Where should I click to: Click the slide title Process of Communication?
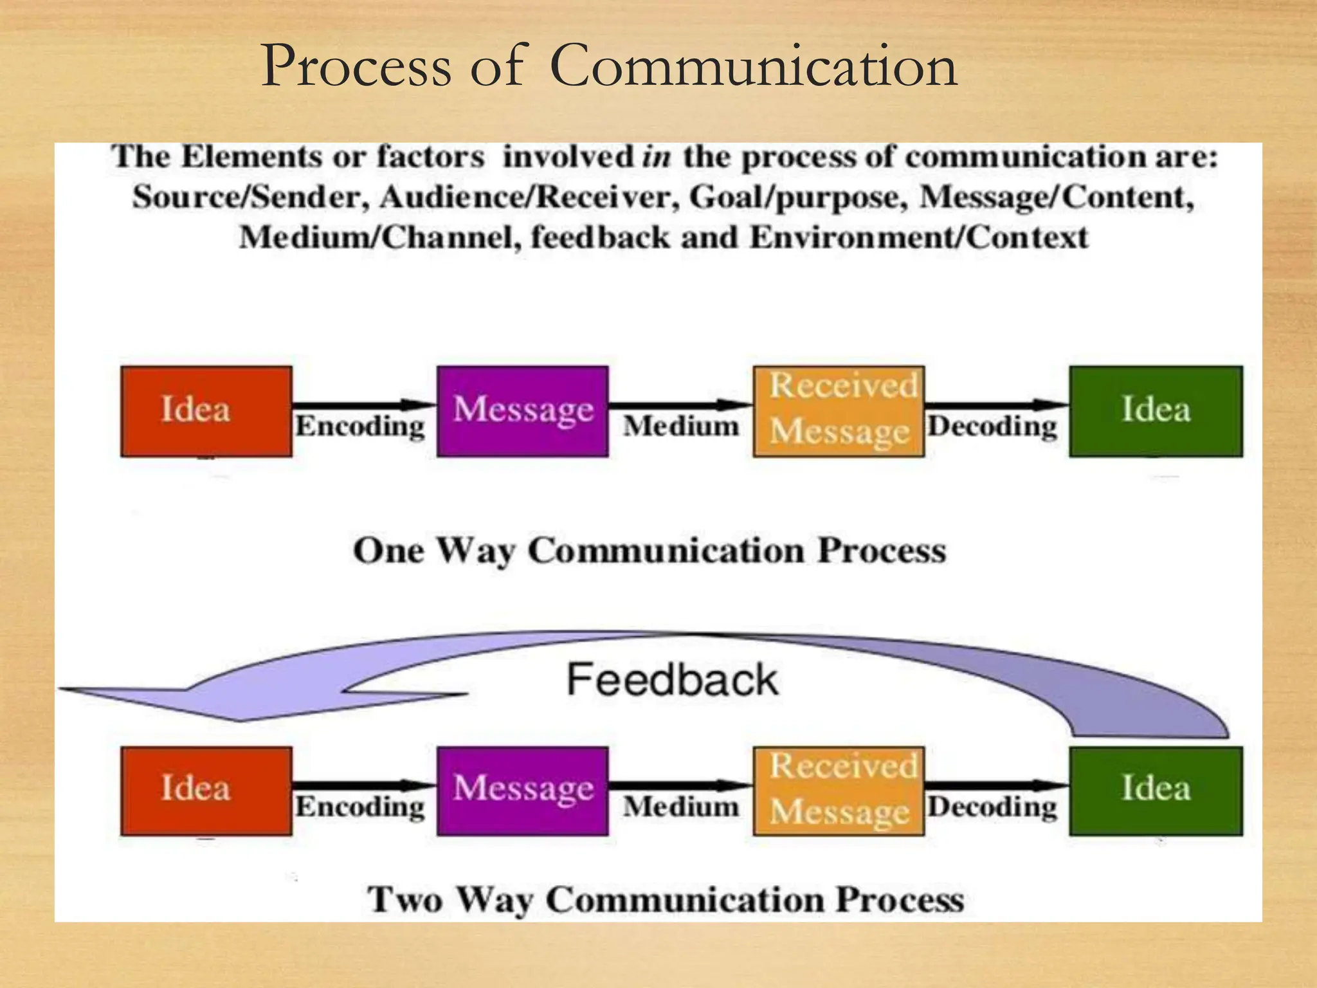[609, 66]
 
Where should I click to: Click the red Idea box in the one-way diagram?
[206, 411]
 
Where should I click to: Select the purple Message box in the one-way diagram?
[522, 411]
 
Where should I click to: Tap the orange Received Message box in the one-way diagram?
[839, 411]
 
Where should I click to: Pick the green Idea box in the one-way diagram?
[1156, 411]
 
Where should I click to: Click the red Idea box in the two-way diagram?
[206, 791]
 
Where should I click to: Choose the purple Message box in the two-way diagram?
[522, 791]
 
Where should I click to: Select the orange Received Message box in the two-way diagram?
[839, 791]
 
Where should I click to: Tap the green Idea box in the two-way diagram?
[1156, 791]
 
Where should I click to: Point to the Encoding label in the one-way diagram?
[360, 426]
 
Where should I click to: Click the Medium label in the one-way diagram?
[681, 426]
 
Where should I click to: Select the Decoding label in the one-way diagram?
[992, 426]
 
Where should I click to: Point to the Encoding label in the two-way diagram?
[360, 807]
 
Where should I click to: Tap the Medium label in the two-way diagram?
[681, 807]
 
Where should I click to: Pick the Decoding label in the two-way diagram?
[992, 807]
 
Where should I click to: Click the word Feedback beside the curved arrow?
[672, 680]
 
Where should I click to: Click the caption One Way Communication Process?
[649, 551]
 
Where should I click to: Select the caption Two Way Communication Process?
[666, 899]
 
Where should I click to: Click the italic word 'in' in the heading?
[656, 157]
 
